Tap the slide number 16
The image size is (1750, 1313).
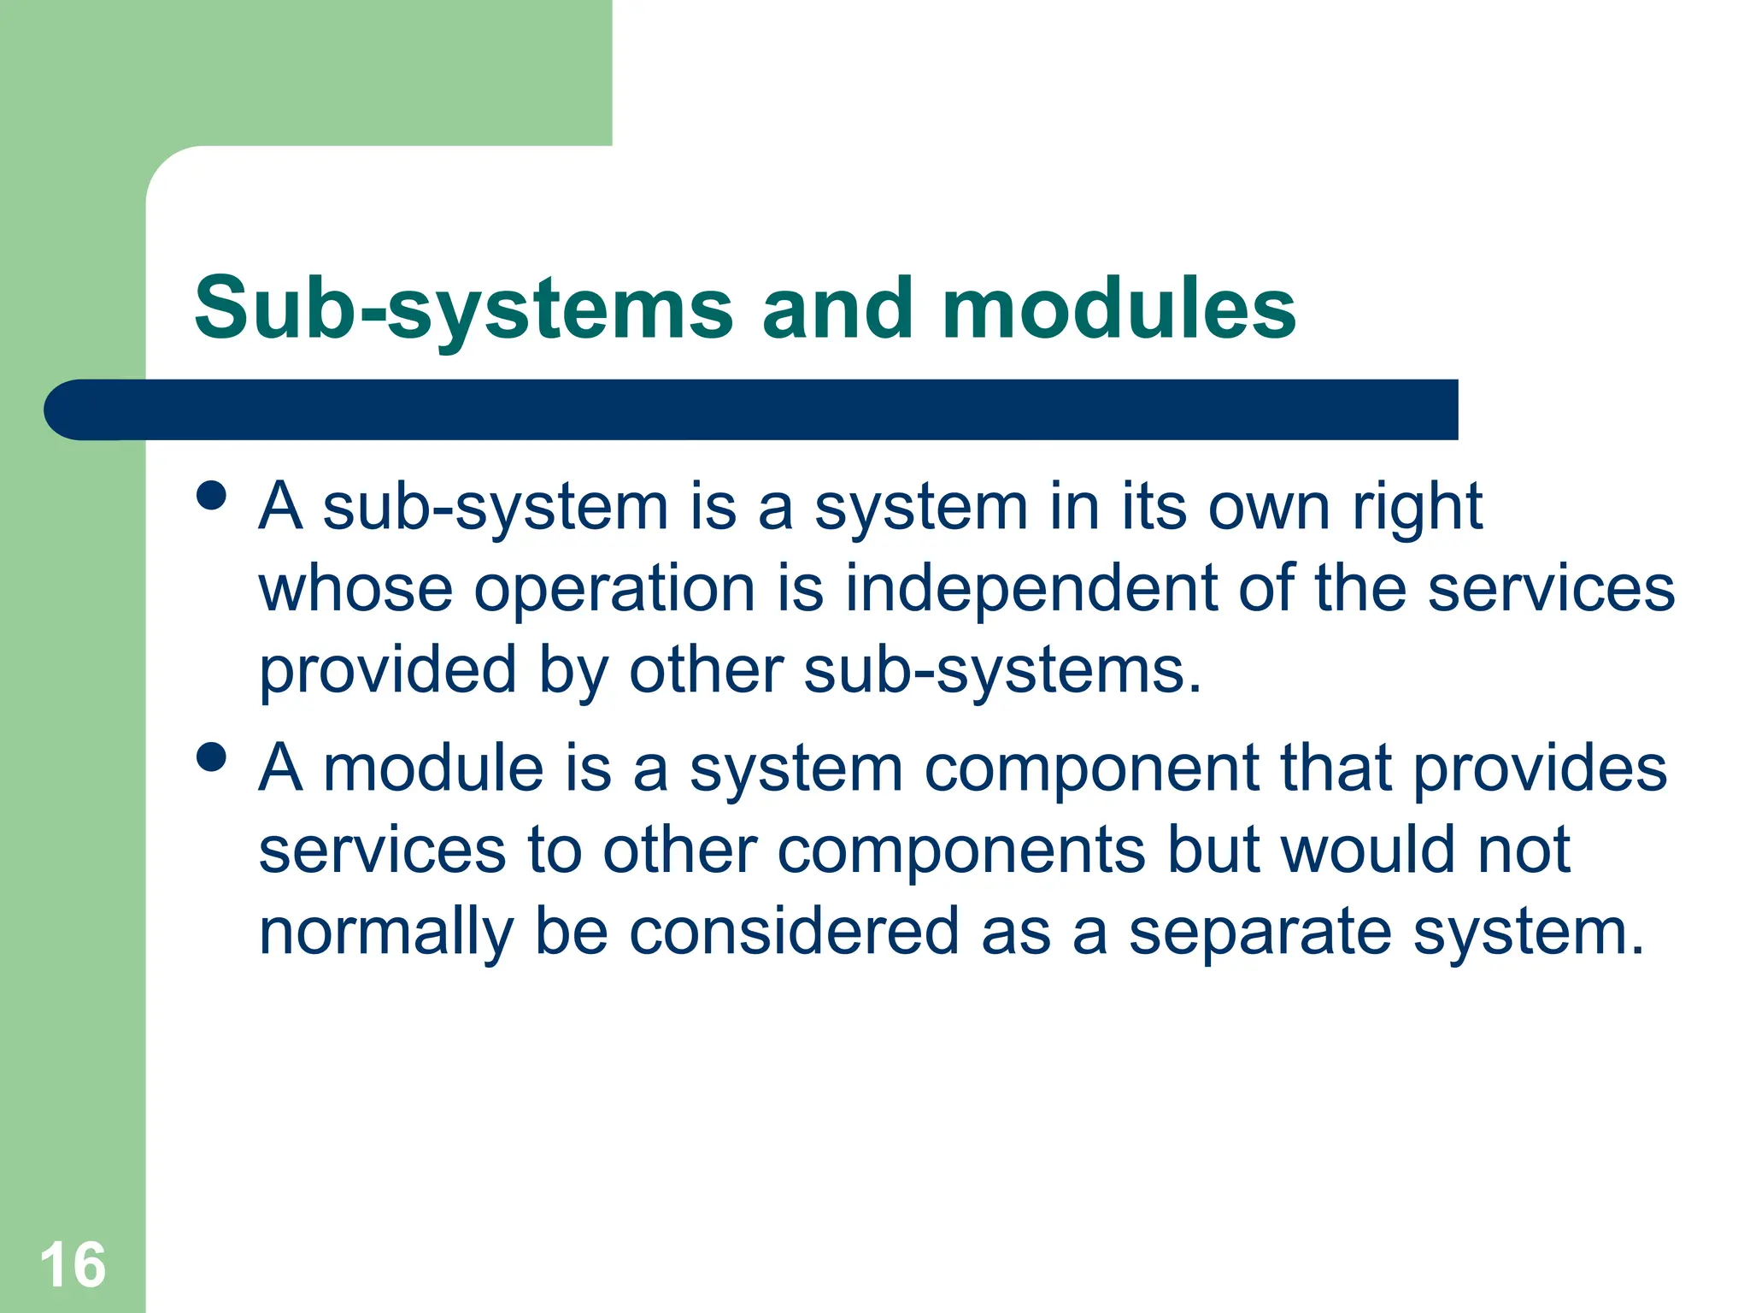pos(73,1265)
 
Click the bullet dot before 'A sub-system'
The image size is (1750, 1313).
pos(211,496)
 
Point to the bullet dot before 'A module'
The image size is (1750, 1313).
pos(211,757)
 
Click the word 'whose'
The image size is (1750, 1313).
pos(355,589)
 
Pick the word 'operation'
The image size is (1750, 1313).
pos(615,591)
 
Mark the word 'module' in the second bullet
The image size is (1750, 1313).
pos(433,768)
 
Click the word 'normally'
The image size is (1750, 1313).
pos(386,933)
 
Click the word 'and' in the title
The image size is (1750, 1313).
pos(837,309)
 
